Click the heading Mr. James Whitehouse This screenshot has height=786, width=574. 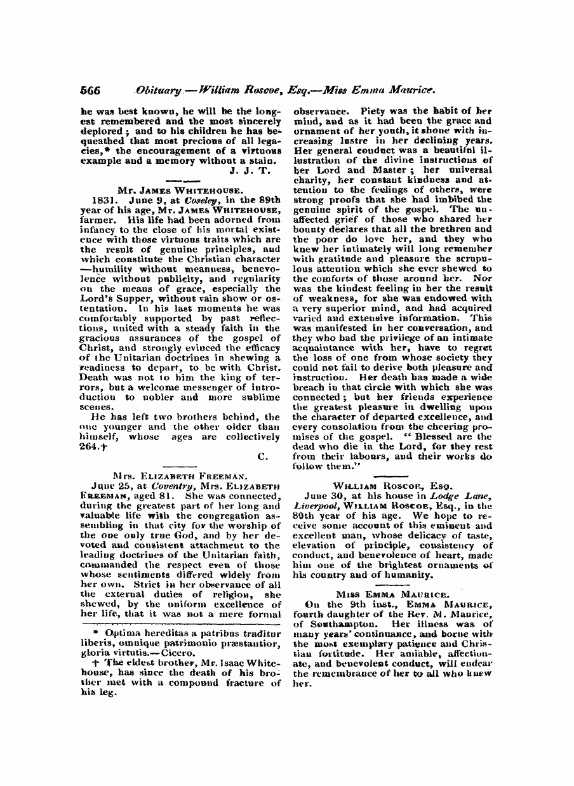pos(180,189)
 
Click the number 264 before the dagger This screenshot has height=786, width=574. pos(90,446)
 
